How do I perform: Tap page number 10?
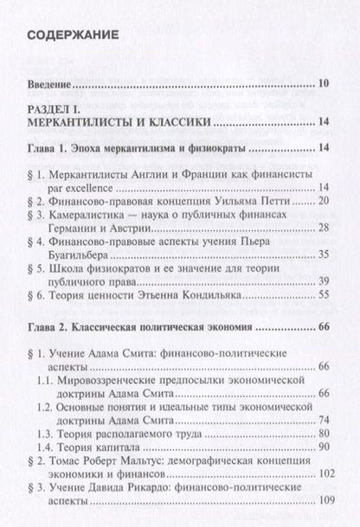pyautogui.click(x=321, y=84)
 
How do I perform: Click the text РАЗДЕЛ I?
pyautogui.click(x=57, y=109)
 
